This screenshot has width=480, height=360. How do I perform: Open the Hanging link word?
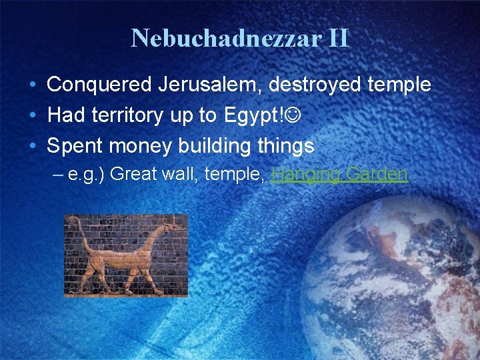tap(305, 175)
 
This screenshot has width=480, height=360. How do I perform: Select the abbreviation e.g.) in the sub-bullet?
tap(87, 175)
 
